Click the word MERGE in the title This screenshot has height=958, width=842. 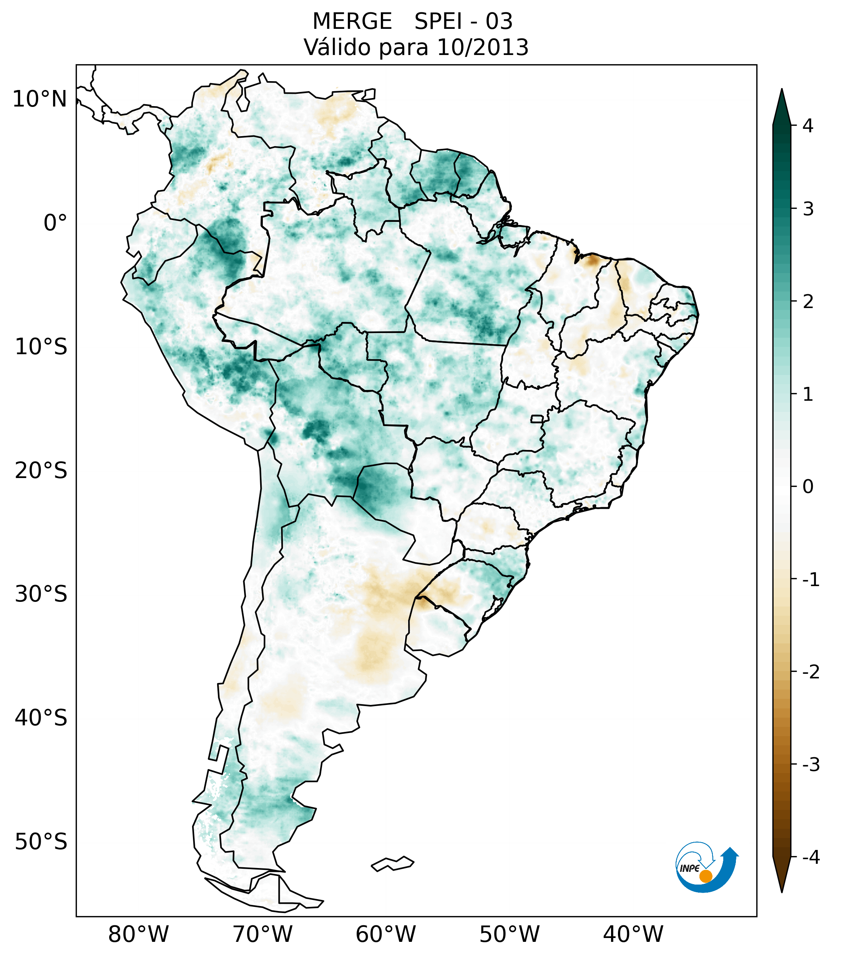click(x=352, y=22)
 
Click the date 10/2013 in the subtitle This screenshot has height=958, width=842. click(x=482, y=47)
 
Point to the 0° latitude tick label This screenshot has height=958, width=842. click(x=55, y=223)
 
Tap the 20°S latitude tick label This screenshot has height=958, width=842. click(x=41, y=471)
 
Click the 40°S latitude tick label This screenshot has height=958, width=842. click(x=41, y=718)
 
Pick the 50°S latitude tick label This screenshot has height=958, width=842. click(x=41, y=842)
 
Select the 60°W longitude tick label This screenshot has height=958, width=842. click(x=385, y=934)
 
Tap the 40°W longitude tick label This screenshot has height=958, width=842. click(x=633, y=934)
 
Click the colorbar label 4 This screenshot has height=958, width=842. click(x=808, y=126)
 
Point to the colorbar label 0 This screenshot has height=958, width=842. click(x=808, y=486)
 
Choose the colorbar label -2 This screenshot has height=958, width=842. click(x=810, y=671)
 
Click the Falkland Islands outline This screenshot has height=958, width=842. click(x=392, y=863)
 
